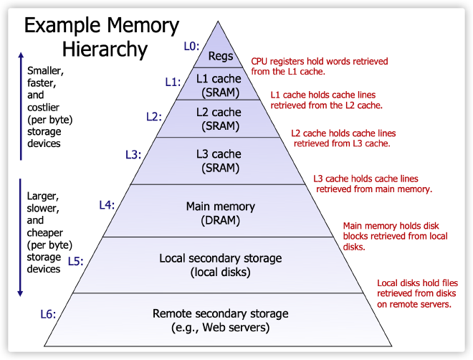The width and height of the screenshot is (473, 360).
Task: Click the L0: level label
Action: pos(191,47)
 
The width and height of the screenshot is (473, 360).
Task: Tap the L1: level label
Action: pos(173,82)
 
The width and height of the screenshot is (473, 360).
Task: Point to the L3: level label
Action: pos(133,154)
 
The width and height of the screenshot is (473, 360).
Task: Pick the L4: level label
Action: pos(107,205)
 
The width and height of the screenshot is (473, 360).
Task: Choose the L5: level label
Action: pos(76,261)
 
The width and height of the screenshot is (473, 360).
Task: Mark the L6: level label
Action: pos(48,313)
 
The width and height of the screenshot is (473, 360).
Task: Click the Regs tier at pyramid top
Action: pos(221,56)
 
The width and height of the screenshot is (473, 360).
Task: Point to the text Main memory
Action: pos(221,207)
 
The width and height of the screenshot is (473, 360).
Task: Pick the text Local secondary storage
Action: pos(221,258)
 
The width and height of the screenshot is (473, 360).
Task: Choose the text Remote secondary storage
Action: pos(221,314)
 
